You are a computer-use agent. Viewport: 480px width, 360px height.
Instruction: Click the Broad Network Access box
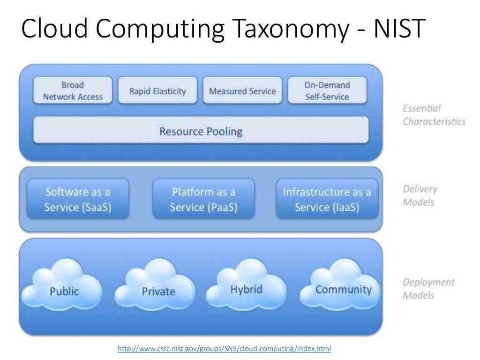click(x=73, y=91)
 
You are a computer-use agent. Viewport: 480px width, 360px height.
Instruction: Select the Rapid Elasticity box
click(x=157, y=91)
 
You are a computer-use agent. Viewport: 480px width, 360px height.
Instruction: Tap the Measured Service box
click(x=242, y=91)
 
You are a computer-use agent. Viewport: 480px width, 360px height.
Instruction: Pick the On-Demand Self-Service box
click(x=327, y=91)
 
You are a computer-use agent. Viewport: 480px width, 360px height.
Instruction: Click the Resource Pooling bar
click(x=201, y=131)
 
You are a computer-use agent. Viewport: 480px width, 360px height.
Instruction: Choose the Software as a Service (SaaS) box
click(x=78, y=200)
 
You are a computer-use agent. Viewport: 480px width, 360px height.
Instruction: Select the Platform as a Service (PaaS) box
click(x=203, y=200)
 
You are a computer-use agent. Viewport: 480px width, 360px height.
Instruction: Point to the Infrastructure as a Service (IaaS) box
click(x=327, y=200)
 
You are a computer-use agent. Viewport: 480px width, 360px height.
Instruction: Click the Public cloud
click(x=65, y=291)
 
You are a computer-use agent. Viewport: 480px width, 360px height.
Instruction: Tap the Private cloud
click(x=158, y=291)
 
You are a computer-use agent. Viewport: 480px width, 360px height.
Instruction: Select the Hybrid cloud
click(x=246, y=289)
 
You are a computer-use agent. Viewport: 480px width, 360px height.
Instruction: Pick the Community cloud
click(x=343, y=289)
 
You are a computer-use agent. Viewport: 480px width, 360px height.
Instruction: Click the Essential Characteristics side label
click(x=434, y=115)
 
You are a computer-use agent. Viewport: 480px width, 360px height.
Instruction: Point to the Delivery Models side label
click(x=420, y=195)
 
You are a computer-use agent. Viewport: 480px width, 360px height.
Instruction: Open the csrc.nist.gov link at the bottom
click(x=224, y=349)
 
